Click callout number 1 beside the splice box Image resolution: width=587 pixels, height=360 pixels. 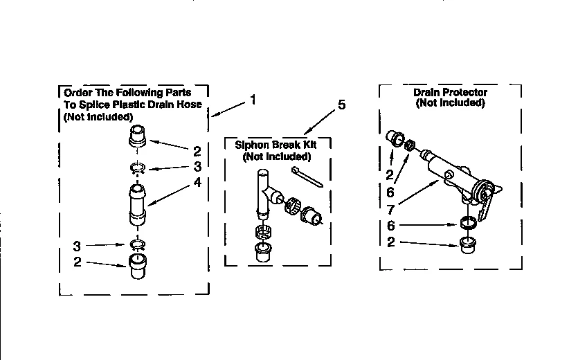click(253, 100)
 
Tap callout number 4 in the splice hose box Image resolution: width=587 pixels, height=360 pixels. click(197, 183)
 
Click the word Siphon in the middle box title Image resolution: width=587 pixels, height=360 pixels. click(251, 146)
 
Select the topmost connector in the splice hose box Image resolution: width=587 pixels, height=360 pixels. click(137, 135)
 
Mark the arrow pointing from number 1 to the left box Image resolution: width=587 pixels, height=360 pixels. click(228, 108)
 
